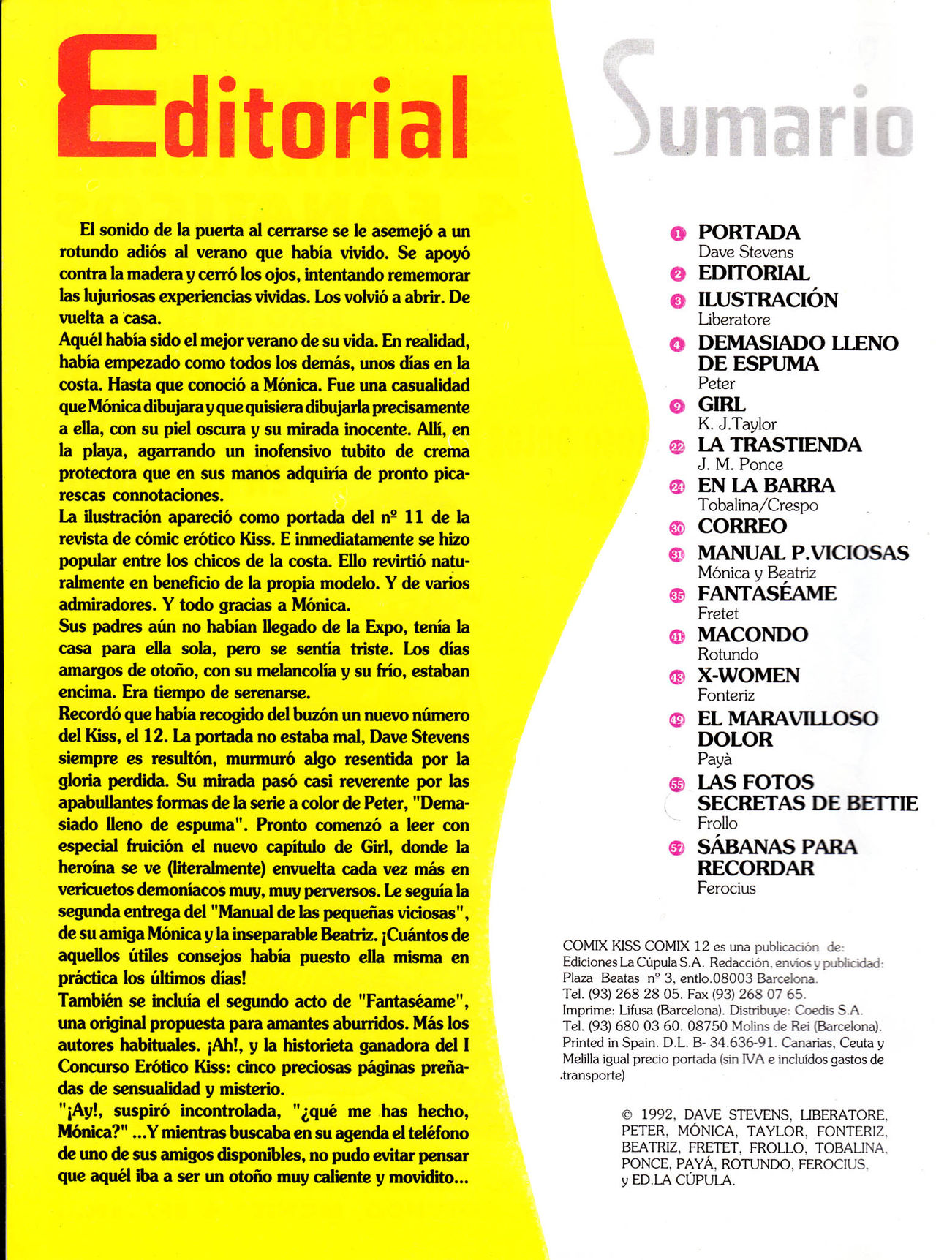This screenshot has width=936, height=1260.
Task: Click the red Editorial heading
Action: point(263,99)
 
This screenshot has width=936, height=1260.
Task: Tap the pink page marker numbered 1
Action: point(678,233)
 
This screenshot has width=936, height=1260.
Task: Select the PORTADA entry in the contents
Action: point(749,233)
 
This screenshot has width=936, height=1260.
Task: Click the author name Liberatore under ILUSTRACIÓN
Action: point(733,320)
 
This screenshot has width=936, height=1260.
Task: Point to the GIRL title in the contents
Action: point(721,404)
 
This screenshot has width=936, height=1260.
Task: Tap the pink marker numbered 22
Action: point(678,446)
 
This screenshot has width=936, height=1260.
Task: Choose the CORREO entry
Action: point(741,526)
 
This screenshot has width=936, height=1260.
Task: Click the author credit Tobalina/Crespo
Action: point(758,505)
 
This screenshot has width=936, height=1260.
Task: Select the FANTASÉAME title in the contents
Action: point(766,593)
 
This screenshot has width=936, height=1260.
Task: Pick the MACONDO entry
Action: point(752,634)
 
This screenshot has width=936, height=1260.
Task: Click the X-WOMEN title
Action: point(748,675)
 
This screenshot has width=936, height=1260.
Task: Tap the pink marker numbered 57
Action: point(677,848)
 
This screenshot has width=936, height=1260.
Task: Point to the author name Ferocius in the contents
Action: point(726,889)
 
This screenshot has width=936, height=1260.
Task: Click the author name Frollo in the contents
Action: point(717,823)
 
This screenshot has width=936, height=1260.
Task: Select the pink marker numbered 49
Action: point(677,720)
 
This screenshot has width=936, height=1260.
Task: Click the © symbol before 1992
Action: point(627,1115)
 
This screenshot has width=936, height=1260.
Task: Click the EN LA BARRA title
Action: point(766,486)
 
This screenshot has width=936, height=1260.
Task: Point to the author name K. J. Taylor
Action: point(736,424)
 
